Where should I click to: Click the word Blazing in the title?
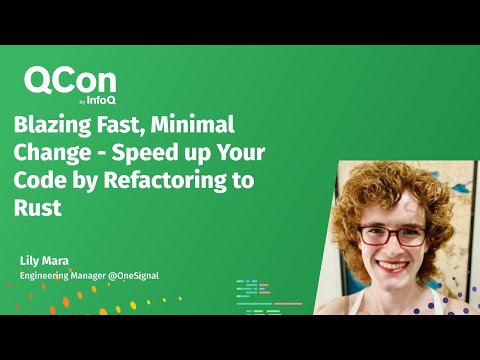coord(51,127)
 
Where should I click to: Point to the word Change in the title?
coord(47,154)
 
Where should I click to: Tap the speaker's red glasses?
coord(394,236)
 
